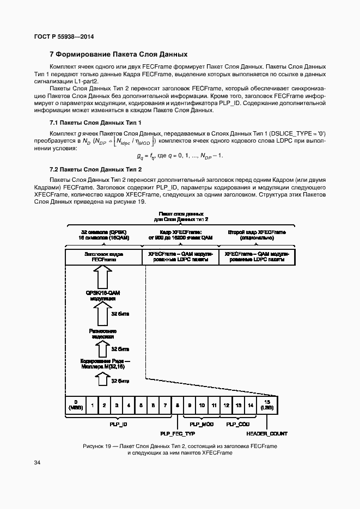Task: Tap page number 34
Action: coord(37,463)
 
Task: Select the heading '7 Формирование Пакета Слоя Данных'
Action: coord(118,54)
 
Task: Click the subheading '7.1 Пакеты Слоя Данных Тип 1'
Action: coord(88,122)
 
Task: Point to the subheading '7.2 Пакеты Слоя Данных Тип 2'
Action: coord(88,169)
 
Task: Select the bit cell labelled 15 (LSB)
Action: coord(267,405)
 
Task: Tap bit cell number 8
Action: coord(177,406)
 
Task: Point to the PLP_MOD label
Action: coord(201,424)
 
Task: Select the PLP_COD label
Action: coord(238,424)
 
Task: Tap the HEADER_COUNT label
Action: coord(267,434)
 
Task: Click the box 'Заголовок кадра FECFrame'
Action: coord(103,257)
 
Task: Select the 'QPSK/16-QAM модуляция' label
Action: coord(102,296)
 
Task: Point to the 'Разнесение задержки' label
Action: coord(102,333)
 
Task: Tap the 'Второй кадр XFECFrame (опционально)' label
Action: coord(257,235)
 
